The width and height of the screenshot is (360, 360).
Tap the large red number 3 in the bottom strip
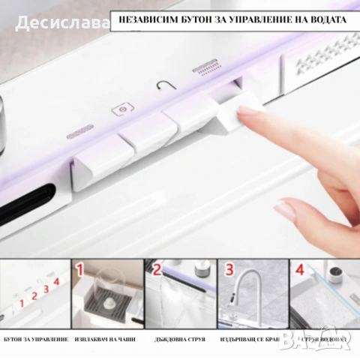point(229,269)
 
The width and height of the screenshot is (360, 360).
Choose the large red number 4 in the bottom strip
point(301,269)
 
